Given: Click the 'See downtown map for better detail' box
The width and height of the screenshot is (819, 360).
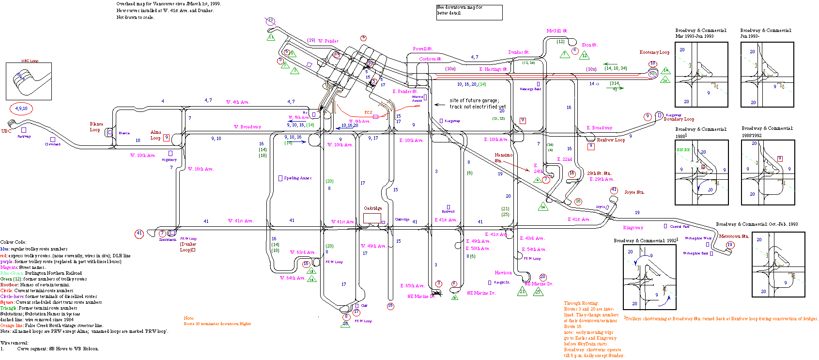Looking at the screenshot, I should point(469,12).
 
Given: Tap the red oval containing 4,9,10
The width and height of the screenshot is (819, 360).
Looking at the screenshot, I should point(21,109).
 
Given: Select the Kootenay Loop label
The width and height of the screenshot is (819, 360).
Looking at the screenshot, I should point(654,52).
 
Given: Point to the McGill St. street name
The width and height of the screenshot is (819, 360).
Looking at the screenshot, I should point(557,31).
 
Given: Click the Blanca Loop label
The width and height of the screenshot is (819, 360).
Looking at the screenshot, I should point(96,127).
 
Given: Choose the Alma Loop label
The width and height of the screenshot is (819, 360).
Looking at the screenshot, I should point(155,135).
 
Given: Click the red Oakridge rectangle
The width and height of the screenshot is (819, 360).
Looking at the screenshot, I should point(372,218).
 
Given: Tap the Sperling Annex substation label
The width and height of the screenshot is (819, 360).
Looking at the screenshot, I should point(297,178).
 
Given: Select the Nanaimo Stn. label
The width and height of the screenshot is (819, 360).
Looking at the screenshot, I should point(503,157).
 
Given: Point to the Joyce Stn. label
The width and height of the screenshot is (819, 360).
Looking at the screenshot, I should point(634,192).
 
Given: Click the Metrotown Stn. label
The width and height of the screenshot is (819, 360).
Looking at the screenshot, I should point(734,236).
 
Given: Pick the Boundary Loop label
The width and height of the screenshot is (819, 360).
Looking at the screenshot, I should point(679,119).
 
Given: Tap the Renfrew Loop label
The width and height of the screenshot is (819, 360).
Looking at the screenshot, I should point(611,140).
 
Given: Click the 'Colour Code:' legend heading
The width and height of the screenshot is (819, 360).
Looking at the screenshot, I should point(14,242).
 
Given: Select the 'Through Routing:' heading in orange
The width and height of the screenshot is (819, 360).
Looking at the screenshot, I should point(581,303).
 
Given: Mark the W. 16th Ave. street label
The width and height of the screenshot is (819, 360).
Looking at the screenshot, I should point(201,169).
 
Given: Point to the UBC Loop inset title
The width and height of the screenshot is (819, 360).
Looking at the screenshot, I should point(30,61).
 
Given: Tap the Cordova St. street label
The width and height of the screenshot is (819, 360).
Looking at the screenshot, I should point(430,59).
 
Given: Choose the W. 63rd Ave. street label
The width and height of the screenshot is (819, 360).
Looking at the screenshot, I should point(303,252).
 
